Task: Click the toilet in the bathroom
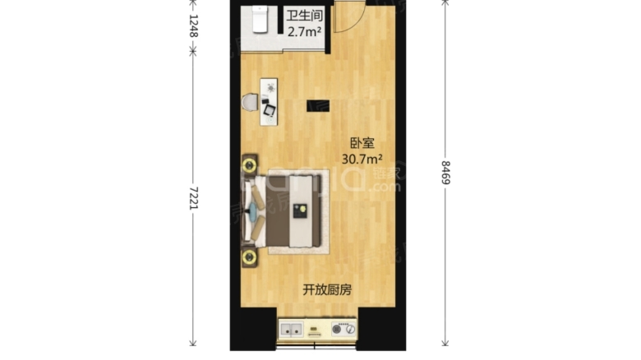261,19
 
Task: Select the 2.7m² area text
303,33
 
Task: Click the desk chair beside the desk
250,102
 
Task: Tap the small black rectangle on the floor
318,105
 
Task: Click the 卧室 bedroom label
362,142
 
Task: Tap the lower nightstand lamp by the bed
248,256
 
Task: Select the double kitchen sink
292,330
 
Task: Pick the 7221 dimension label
193,195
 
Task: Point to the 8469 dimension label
445,173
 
